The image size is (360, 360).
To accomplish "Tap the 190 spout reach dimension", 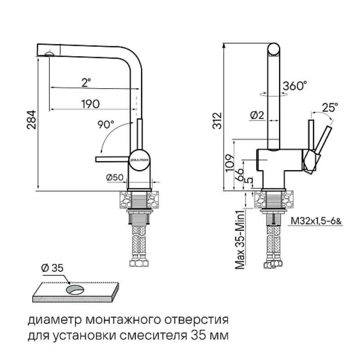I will [90, 103].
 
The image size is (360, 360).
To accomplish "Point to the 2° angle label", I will [86, 82].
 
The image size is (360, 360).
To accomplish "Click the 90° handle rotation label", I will [106, 125].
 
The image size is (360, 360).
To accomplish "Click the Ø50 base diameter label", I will [115, 178].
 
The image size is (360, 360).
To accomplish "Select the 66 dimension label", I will [240, 173].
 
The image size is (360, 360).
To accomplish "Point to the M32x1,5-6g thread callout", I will [316, 221].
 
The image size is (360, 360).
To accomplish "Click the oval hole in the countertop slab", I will [76, 288].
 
